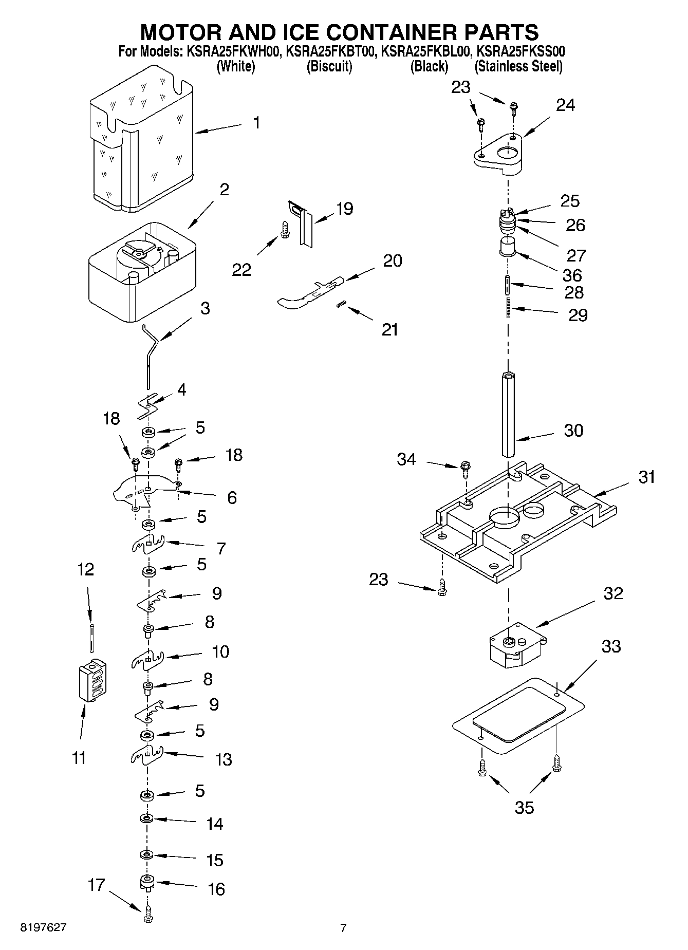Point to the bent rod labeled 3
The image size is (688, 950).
[150, 355]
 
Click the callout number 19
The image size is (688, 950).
[344, 209]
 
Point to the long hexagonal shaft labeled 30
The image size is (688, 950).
[508, 414]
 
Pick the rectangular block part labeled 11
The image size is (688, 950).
[93, 679]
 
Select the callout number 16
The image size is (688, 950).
[216, 889]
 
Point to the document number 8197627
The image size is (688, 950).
[43, 927]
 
